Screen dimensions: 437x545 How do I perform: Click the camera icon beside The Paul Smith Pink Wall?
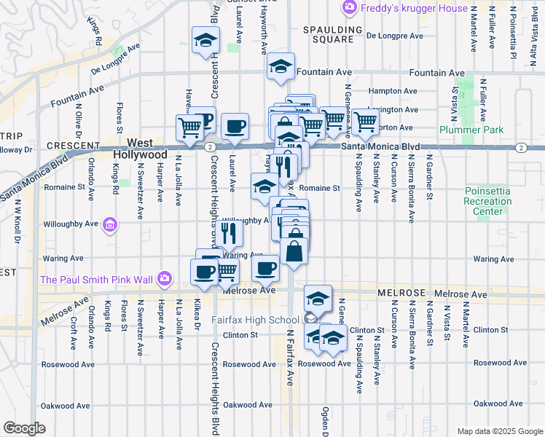[165, 278]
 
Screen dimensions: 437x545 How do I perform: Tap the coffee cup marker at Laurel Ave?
[235, 126]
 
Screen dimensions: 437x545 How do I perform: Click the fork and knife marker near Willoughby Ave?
[228, 232]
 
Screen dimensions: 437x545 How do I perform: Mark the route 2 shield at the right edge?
[521, 148]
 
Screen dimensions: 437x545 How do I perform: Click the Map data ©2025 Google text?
[500, 431]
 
